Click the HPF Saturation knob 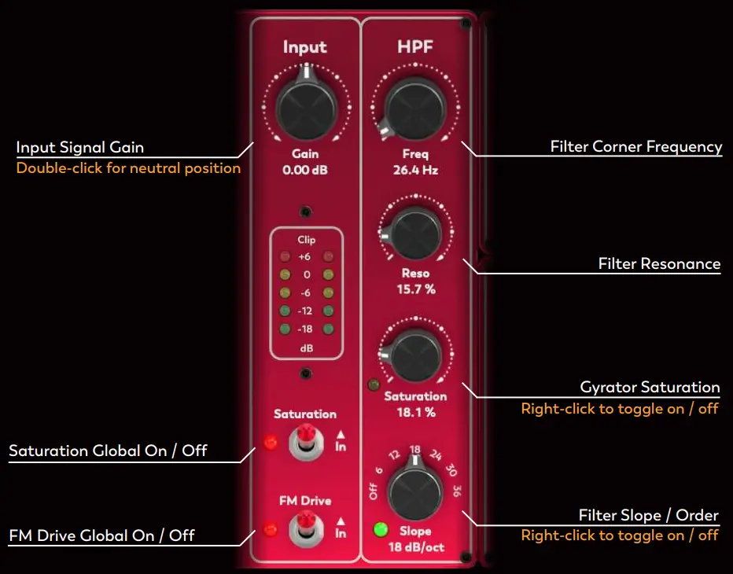click(414, 356)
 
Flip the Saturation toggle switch click(306, 443)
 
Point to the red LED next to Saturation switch click(270, 443)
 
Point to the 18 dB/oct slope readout click(416, 546)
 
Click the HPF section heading click(414, 48)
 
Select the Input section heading click(305, 48)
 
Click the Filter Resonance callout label click(659, 263)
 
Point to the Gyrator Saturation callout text click(650, 387)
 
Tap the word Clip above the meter click(306, 240)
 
